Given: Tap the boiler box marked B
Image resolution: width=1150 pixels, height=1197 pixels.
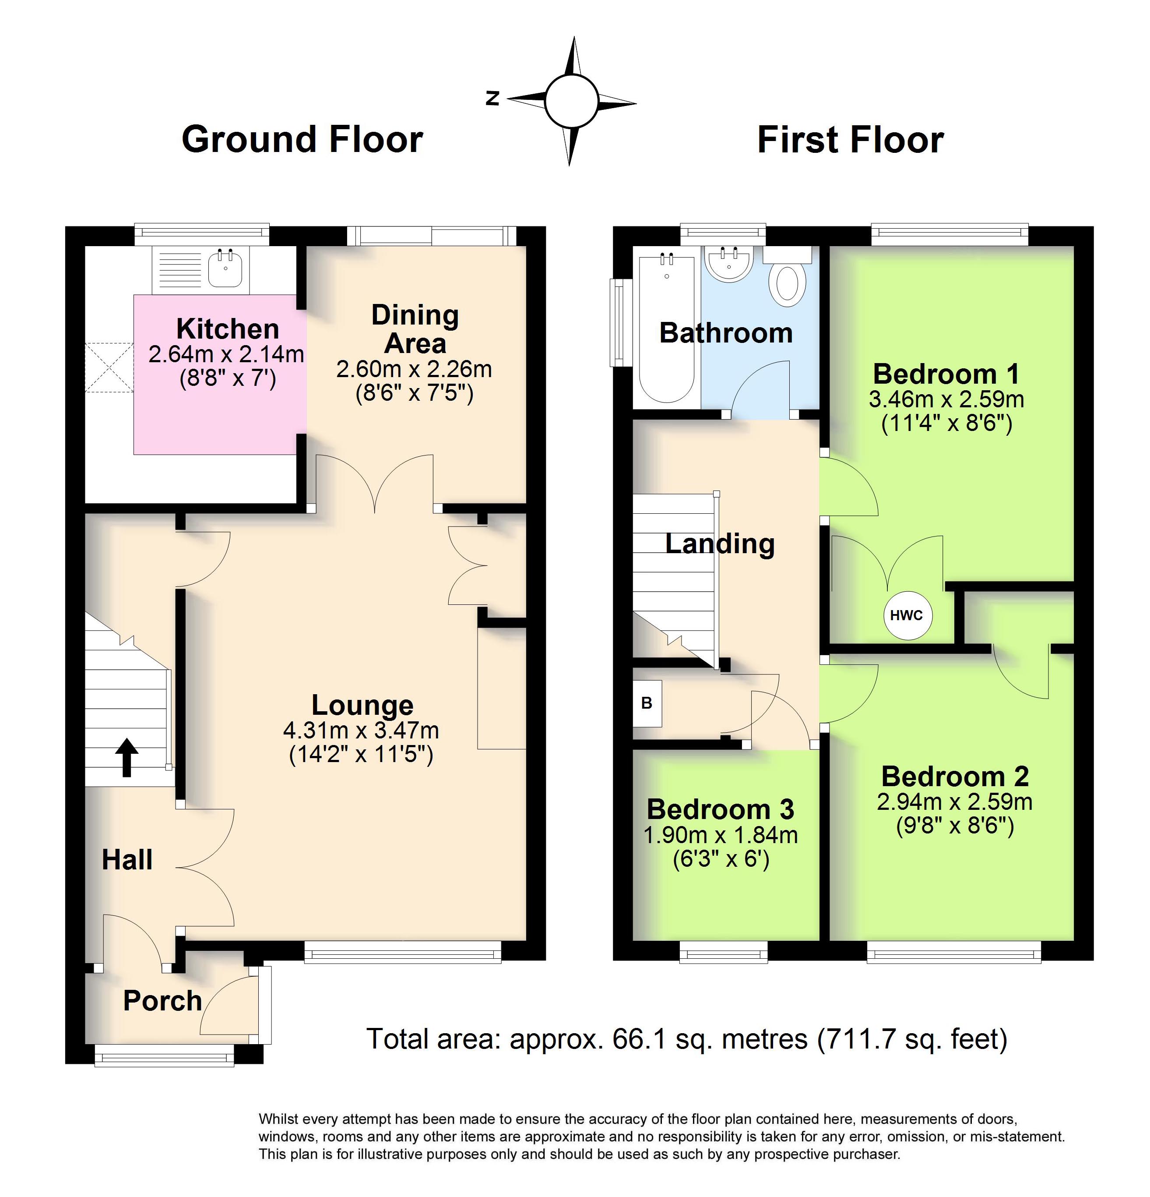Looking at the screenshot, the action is (647, 703).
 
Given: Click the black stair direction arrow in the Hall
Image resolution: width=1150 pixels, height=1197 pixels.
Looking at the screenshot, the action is (127, 757).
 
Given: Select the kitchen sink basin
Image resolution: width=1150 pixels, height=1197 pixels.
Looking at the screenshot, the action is (225, 269).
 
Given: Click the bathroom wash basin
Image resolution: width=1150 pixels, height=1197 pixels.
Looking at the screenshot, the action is (729, 264).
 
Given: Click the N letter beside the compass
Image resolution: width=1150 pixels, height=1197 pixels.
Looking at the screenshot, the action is (492, 98).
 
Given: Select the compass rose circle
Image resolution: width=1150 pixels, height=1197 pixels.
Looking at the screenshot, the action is (571, 101).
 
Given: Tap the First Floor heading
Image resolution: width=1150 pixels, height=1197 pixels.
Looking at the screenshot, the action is (850, 140).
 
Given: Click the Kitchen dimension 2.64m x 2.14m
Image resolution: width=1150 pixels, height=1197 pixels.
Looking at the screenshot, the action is (226, 354).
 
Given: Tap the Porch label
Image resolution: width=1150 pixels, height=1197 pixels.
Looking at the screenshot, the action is (162, 1000).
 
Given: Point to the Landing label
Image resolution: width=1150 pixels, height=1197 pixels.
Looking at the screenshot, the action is (720, 544).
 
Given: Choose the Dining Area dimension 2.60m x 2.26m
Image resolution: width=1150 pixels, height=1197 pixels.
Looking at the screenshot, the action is (415, 369).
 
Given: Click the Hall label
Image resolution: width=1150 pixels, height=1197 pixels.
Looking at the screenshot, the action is (127, 860).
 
